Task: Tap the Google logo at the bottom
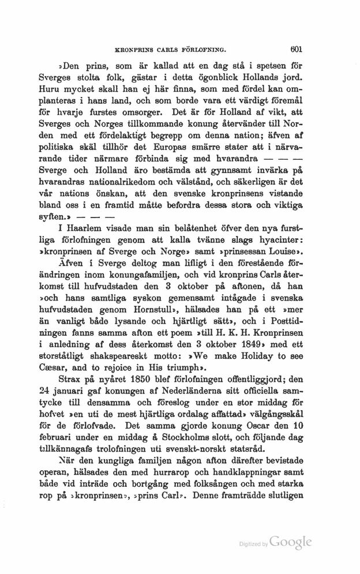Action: tap(291, 542)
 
